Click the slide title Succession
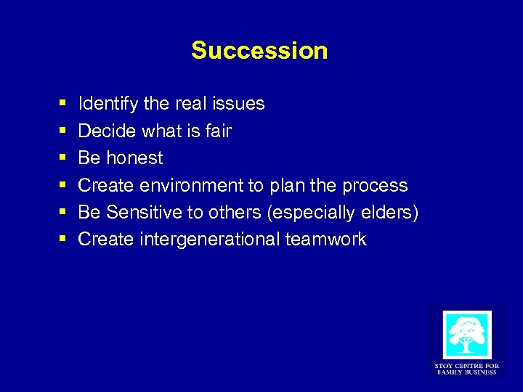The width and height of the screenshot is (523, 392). (259, 51)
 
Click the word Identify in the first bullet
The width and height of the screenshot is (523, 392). (108, 104)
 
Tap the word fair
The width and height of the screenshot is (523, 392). (218, 131)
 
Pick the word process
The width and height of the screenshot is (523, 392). (374, 185)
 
